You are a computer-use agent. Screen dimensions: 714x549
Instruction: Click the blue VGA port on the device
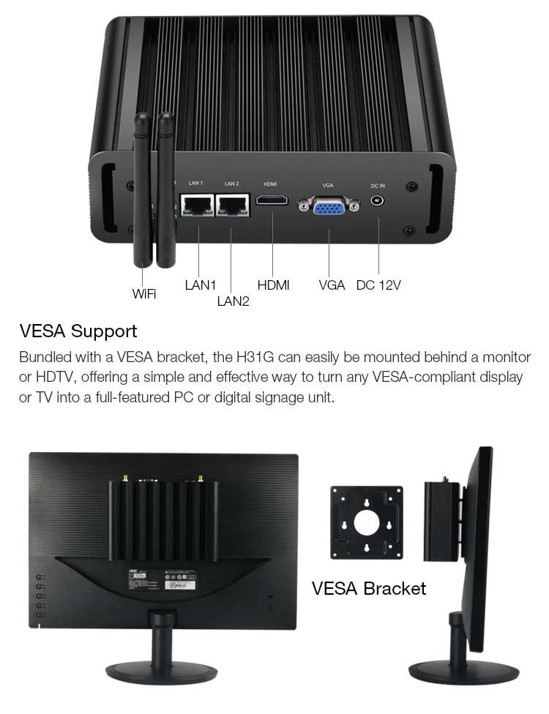pyautogui.click(x=329, y=207)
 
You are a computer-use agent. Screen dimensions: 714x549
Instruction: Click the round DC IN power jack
pyautogui.click(x=378, y=200)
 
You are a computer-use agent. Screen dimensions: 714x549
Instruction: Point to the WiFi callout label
pyautogui.click(x=143, y=293)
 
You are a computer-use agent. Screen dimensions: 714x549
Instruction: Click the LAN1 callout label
pyautogui.click(x=200, y=285)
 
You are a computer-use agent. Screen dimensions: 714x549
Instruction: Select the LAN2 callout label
pyautogui.click(x=233, y=301)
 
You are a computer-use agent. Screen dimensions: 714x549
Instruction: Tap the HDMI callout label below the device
pyautogui.click(x=273, y=285)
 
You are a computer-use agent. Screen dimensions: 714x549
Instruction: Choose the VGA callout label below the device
pyautogui.click(x=332, y=285)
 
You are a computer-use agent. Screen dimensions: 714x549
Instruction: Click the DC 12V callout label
pyautogui.click(x=378, y=285)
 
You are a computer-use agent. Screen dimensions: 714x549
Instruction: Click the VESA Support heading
pyautogui.click(x=78, y=331)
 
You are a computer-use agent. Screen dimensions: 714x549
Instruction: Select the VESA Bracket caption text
pyautogui.click(x=368, y=587)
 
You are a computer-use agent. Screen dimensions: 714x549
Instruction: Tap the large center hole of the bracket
pyautogui.click(x=366, y=521)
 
